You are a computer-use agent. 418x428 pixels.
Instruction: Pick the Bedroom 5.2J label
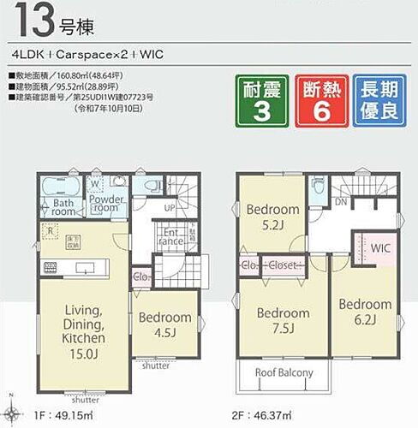272,215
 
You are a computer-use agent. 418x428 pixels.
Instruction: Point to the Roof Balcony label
284,373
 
